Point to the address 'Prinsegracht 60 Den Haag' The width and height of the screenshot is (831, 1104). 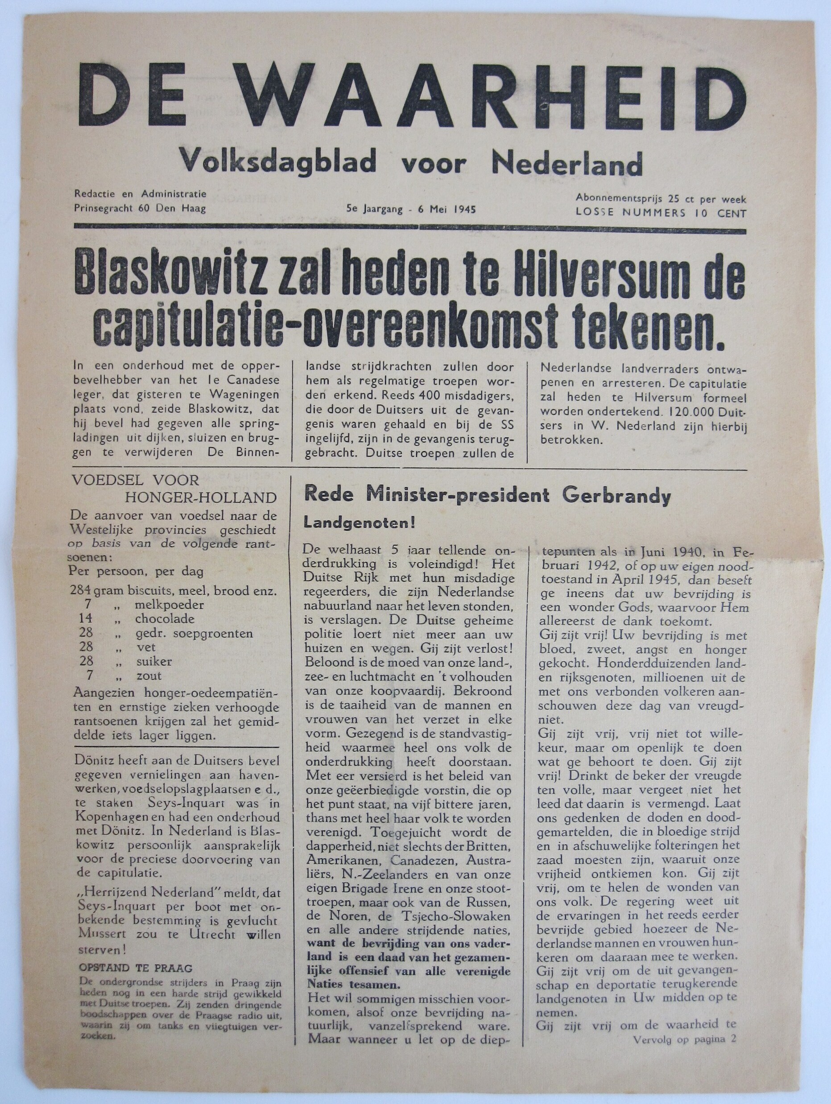[x=140, y=209]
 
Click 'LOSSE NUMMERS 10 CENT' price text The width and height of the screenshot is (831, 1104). [x=661, y=214]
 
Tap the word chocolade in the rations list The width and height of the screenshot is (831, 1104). [x=165, y=619]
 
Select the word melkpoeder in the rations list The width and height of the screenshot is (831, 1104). [x=169, y=606]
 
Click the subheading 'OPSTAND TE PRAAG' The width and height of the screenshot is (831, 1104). [x=136, y=968]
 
